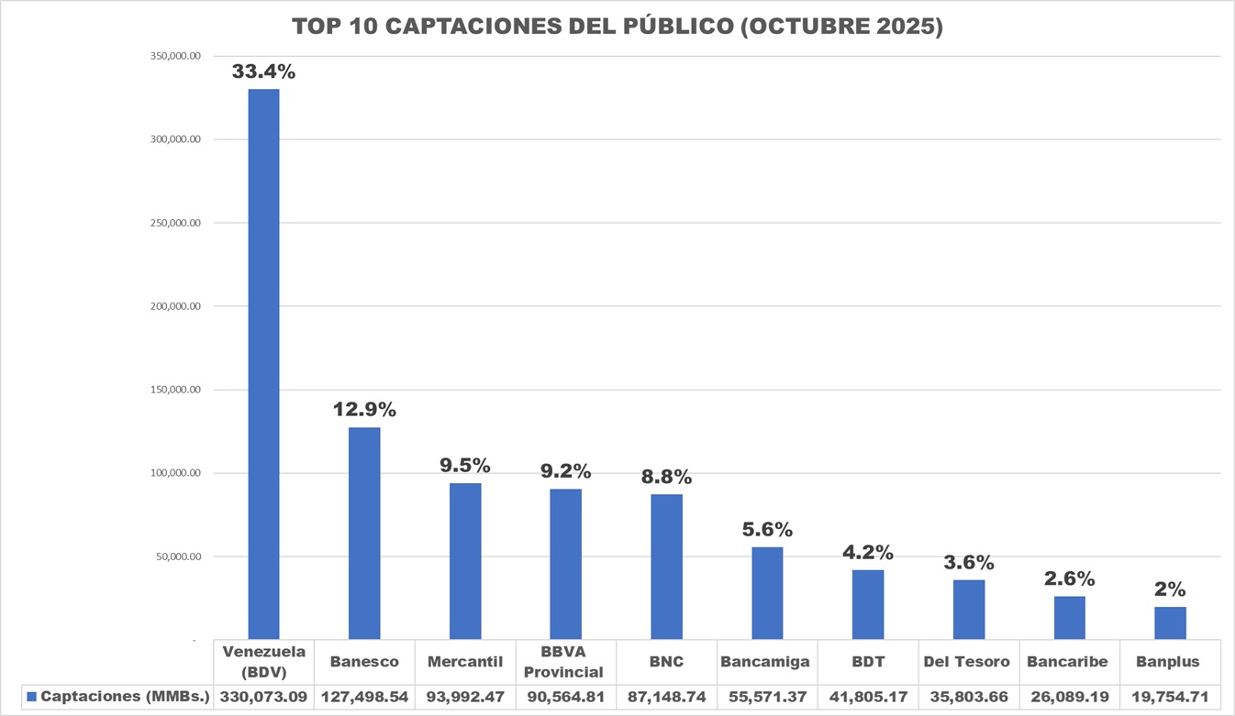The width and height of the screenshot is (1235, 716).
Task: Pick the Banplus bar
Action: [1170, 622]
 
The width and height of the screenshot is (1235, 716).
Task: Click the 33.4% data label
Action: [263, 71]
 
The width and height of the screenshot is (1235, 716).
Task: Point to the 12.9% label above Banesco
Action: [364, 409]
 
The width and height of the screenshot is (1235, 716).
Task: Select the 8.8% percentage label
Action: [666, 477]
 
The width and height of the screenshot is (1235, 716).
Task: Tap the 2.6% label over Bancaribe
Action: [1069, 578]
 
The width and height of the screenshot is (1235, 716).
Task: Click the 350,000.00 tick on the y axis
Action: [175, 56]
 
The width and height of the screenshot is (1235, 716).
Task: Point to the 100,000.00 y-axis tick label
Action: [175, 473]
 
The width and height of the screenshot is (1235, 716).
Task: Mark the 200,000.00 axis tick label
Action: [175, 306]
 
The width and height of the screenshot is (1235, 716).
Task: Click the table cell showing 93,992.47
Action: [465, 697]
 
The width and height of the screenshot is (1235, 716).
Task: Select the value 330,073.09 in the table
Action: [263, 697]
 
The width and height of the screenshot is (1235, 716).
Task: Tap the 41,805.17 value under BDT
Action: [868, 697]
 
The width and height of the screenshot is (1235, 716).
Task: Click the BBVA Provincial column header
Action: [565, 662]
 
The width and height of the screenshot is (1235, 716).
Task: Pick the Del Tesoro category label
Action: [966, 662]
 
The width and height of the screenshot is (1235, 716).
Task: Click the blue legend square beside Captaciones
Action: [31, 697]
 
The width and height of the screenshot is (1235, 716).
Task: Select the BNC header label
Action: [666, 662]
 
